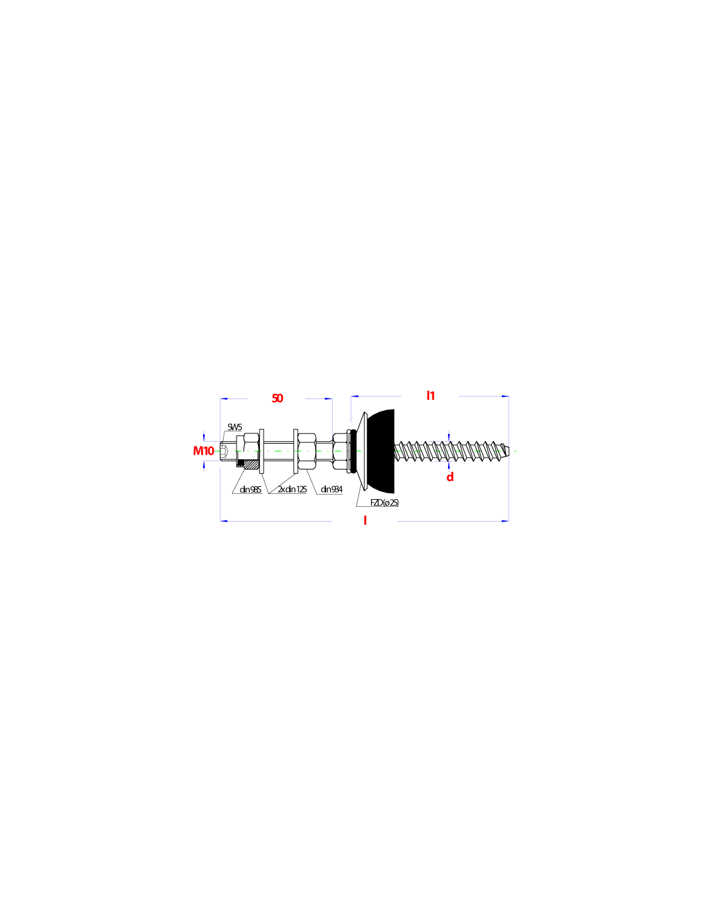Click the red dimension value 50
click(x=277, y=398)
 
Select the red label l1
click(x=431, y=395)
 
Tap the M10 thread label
click(x=204, y=451)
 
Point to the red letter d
click(x=450, y=477)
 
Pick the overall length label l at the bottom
click(x=365, y=520)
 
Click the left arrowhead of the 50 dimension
click(x=224, y=399)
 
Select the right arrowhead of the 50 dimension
click(x=329, y=399)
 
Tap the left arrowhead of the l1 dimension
click(x=354, y=397)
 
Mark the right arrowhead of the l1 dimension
click(x=505, y=397)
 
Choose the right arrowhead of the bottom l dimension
click(x=505, y=520)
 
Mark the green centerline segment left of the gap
click(x=290, y=451)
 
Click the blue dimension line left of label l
click(x=277, y=520)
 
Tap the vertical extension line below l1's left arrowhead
click(x=351, y=411)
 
